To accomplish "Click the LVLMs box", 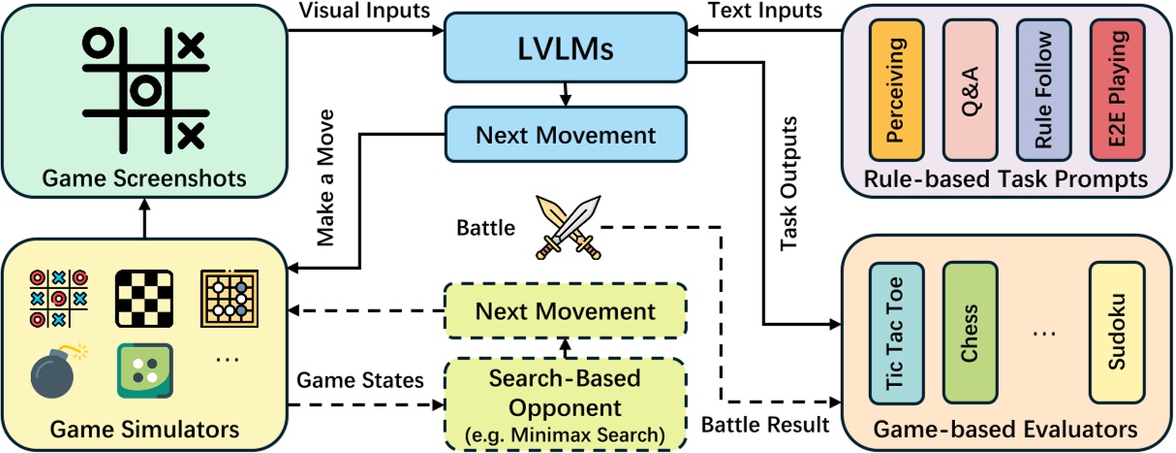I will [x=565, y=49].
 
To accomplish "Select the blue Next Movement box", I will [x=565, y=134].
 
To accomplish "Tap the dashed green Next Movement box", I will [x=565, y=311].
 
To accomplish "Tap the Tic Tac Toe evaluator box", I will [x=896, y=332].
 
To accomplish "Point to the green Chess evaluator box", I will [x=970, y=332].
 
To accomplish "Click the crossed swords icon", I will [x=566, y=226].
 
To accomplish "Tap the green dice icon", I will [x=143, y=370].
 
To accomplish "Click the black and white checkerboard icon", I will [x=143, y=295].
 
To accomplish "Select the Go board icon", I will [x=230, y=296].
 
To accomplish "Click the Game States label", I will [x=360, y=380].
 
